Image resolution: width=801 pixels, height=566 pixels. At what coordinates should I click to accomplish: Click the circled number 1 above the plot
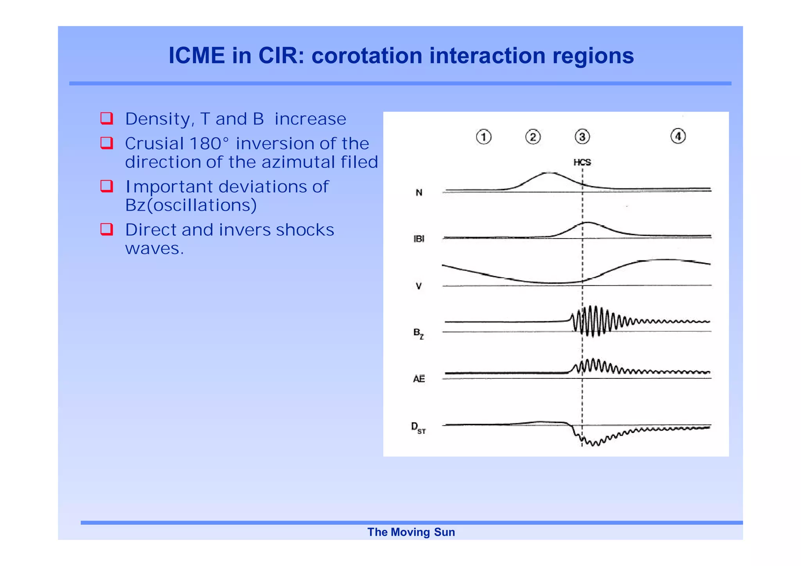pyautogui.click(x=483, y=137)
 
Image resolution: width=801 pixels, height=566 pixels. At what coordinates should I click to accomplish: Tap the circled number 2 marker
pyautogui.click(x=533, y=137)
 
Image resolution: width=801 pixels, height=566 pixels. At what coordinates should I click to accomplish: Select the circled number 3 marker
pyautogui.click(x=582, y=137)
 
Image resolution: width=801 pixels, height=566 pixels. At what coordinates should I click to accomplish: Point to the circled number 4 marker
pyautogui.click(x=678, y=136)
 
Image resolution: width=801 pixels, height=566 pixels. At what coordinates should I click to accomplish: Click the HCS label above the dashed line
pyautogui.click(x=582, y=162)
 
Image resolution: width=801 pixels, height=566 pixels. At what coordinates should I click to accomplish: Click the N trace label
pyautogui.click(x=419, y=193)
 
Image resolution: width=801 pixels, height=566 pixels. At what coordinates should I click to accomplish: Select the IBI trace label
pyautogui.click(x=419, y=239)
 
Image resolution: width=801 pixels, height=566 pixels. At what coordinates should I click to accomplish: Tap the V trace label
pyautogui.click(x=419, y=286)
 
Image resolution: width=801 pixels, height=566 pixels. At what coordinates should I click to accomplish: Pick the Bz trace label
pyautogui.click(x=418, y=333)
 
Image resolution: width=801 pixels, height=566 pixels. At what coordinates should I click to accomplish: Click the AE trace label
pyautogui.click(x=419, y=379)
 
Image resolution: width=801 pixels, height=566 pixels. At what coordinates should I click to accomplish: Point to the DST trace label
pyautogui.click(x=418, y=428)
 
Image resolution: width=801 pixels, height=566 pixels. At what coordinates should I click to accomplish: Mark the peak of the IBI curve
pyautogui.click(x=587, y=222)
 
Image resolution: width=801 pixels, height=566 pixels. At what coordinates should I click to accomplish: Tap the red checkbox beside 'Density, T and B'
pyautogui.click(x=107, y=118)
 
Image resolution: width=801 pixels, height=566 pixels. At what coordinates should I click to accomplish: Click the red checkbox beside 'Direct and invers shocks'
pyautogui.click(x=107, y=229)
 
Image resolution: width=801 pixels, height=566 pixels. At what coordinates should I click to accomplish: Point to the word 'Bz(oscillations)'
pyautogui.click(x=191, y=205)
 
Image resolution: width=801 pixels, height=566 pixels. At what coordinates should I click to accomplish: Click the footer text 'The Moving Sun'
pyautogui.click(x=411, y=532)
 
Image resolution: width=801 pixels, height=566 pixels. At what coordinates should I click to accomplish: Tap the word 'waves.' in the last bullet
pyautogui.click(x=154, y=249)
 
